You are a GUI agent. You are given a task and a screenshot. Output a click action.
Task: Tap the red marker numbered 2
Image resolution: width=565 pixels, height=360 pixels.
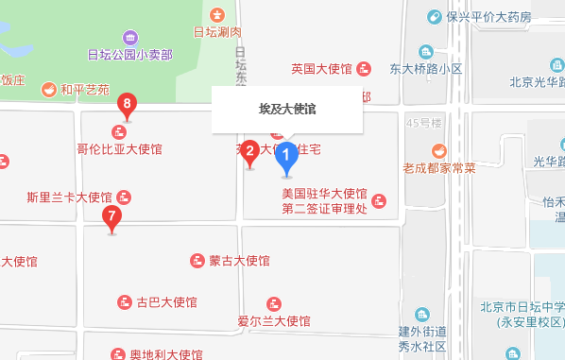(x=249, y=151)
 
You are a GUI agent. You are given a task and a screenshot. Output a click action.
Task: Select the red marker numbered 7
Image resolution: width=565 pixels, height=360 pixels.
(x=112, y=217)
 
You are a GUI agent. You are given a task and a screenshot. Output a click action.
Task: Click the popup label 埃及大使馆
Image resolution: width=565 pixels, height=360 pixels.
(x=287, y=110)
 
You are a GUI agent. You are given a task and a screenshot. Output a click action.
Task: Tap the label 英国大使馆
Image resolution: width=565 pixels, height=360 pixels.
(x=321, y=69)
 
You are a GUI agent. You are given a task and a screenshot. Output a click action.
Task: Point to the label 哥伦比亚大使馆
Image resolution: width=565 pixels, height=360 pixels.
(x=120, y=148)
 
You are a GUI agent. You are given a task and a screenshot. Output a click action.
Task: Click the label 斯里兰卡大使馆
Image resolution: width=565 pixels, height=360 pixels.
(x=70, y=197)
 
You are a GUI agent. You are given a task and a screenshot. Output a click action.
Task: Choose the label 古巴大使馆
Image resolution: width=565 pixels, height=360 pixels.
(x=166, y=302)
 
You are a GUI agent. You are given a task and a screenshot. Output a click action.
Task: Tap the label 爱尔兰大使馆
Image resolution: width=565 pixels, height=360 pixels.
(x=274, y=321)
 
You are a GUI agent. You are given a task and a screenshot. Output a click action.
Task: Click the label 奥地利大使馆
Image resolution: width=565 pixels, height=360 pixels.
(x=166, y=354)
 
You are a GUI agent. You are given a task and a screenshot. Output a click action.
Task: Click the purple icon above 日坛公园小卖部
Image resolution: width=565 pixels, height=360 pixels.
(x=128, y=38)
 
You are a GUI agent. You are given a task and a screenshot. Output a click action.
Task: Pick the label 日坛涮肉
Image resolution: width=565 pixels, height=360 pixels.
(x=218, y=32)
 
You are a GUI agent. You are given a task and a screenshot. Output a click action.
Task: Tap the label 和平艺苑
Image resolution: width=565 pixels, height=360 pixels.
(x=85, y=91)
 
